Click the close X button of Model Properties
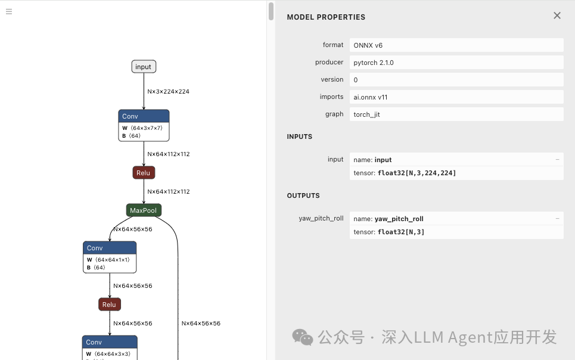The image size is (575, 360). pos(557,15)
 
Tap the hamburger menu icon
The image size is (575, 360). pos(9,11)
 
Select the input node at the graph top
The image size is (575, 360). pos(144,67)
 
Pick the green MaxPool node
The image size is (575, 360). pos(144,210)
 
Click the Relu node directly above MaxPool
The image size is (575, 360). pos(144,173)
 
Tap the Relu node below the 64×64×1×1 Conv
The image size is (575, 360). pos(110,305)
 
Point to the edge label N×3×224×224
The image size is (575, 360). pos(169,92)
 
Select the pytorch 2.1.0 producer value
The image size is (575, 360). pos(374,63)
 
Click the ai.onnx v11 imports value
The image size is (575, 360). pos(371,97)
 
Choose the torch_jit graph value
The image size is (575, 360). pos(366,114)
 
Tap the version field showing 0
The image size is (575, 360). pos(356,80)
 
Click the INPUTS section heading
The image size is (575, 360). pos(300,136)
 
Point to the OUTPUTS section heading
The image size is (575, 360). pos(303,195)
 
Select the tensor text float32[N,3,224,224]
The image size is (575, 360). pos(417,173)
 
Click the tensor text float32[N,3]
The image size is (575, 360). pos(400,232)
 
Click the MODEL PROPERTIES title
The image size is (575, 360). pos(326,17)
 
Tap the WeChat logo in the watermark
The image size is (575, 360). pos(303,337)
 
